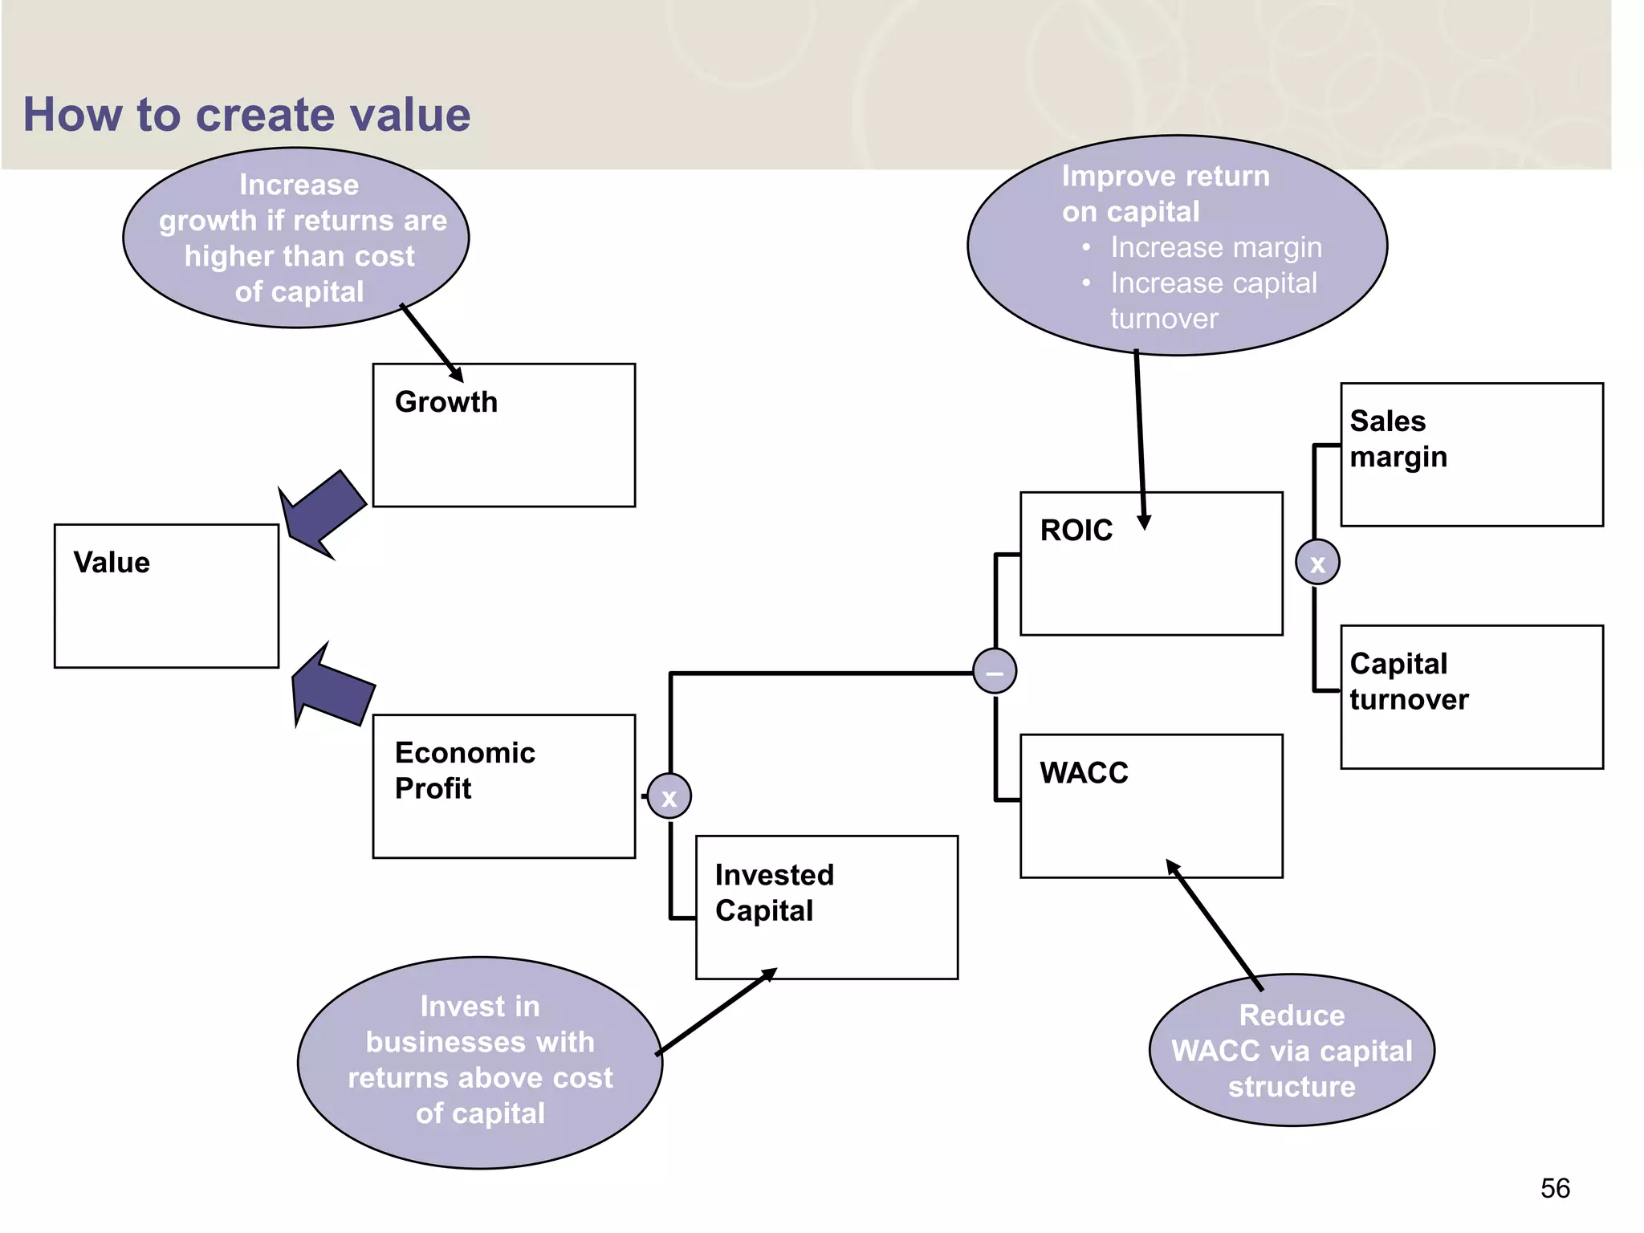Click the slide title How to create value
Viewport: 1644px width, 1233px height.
[246, 115]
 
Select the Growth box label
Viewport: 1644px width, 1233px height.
[446, 402]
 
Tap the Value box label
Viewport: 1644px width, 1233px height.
[112, 563]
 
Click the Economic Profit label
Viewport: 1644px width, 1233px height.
[464, 771]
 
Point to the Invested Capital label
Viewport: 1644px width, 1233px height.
[774, 893]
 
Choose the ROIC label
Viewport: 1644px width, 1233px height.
[1076, 531]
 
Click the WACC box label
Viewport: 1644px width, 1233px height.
[1084, 773]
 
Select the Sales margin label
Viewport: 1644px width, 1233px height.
[1398, 439]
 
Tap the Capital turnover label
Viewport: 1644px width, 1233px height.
[1408, 682]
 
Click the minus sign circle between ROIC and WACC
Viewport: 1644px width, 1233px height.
[994, 671]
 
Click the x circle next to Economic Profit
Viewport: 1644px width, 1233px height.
[669, 796]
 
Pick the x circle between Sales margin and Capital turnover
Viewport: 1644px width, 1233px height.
[1316, 562]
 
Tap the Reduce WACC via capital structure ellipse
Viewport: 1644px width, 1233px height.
[1291, 1051]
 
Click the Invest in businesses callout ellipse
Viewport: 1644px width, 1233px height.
[479, 1061]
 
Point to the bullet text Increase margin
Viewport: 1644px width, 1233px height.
[1215, 248]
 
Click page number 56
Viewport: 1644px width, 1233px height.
[1554, 1188]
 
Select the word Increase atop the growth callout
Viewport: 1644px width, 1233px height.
[299, 185]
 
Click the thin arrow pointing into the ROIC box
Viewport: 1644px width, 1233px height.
[1140, 442]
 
